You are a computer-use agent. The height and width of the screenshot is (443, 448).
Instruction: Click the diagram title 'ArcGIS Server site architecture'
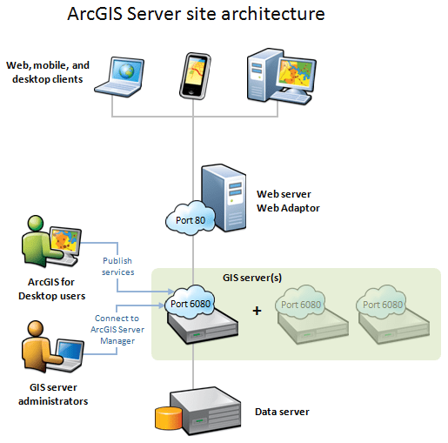coord(197,15)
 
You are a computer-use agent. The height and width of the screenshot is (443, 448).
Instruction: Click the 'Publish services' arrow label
coord(117,265)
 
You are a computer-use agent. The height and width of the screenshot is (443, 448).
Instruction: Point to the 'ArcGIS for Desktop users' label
coord(51,288)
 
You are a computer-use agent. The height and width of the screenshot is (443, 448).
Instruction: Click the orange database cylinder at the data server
coord(165,419)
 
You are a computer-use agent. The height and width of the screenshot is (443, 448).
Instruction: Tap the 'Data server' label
coord(281,412)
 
